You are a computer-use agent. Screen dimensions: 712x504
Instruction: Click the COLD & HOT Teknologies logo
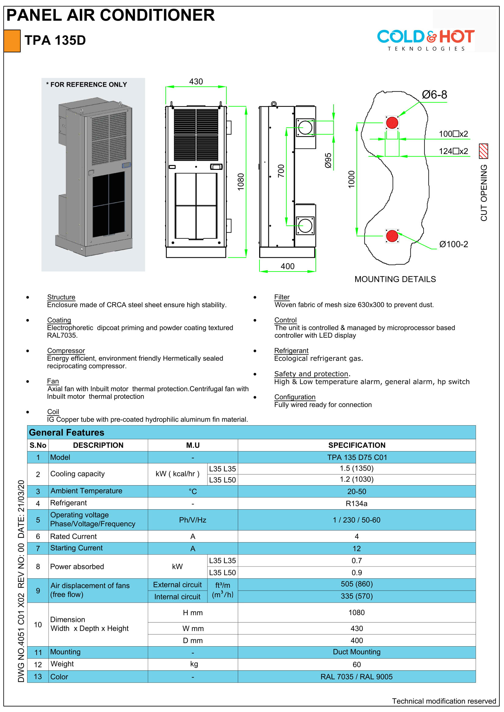[426, 40]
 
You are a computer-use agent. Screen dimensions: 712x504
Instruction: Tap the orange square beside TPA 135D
[12, 40]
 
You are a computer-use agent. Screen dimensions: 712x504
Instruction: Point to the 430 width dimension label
[196, 82]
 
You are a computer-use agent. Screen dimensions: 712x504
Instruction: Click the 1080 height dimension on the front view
[241, 182]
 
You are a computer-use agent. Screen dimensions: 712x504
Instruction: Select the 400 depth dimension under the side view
[288, 266]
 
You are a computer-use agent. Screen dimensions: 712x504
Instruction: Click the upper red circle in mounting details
[392, 123]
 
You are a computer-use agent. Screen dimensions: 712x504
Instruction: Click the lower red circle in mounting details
[392, 236]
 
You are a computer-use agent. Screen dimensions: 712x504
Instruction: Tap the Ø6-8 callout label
[434, 95]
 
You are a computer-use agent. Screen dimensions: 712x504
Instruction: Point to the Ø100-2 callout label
[453, 244]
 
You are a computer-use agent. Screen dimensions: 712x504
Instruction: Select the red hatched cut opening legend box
[484, 151]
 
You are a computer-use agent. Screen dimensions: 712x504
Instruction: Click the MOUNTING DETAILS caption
[395, 279]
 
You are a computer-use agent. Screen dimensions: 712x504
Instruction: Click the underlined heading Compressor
[66, 351]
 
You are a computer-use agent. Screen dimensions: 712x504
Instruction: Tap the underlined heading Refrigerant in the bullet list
[291, 351]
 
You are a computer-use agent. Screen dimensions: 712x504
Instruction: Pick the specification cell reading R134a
[356, 503]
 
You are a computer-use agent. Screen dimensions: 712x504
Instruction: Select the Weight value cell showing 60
[356, 665]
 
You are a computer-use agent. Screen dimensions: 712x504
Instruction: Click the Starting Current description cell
[77, 548]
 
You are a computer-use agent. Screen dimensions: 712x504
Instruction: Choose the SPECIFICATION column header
[357, 445]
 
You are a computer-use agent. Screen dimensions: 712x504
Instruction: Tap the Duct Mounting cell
[356, 652]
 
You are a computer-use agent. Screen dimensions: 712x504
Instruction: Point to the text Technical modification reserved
[444, 701]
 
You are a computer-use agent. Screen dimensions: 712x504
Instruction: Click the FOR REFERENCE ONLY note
[87, 85]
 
